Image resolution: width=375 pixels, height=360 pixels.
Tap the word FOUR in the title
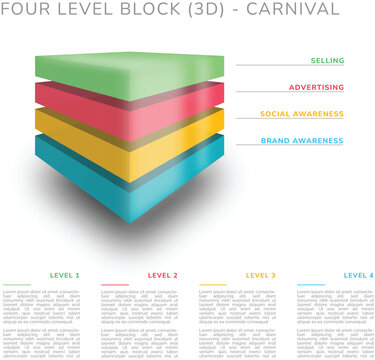(x=28, y=10)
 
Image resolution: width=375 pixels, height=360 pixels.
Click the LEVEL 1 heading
(x=64, y=275)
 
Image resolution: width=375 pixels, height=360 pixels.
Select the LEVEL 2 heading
(x=162, y=275)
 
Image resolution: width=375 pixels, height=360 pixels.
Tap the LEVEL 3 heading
(x=261, y=275)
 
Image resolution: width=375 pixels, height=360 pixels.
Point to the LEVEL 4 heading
(x=358, y=275)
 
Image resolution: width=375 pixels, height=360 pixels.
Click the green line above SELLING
(x=290, y=67)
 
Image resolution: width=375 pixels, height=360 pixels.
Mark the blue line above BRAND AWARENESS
(x=290, y=148)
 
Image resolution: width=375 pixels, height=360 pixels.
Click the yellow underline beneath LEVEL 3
(x=214, y=285)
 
